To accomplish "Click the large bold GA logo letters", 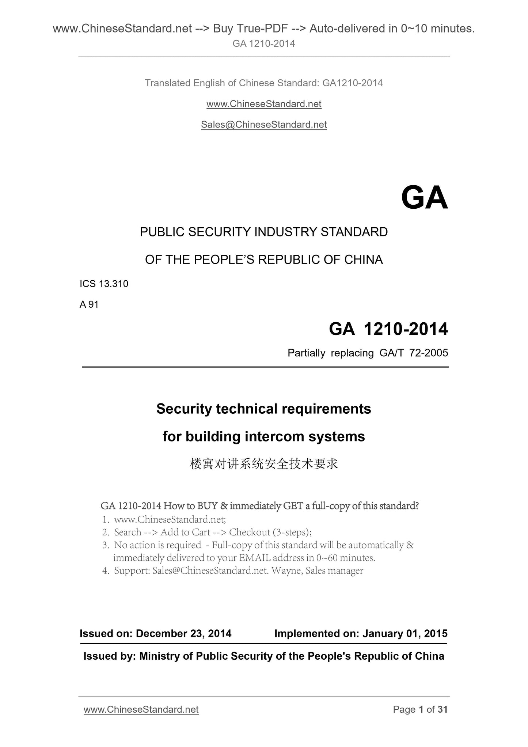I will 424,198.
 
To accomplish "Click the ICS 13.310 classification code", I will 104,284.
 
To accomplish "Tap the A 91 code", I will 89,304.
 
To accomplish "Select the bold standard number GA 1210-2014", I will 388,329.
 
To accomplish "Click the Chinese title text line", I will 264,464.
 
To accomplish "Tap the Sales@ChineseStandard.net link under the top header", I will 264,125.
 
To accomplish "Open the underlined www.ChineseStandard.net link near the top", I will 264,104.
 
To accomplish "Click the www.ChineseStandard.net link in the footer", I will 141,709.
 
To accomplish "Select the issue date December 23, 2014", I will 183,633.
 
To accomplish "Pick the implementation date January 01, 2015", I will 405,633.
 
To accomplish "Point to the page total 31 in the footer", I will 442,709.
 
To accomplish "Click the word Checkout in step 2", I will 250,532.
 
